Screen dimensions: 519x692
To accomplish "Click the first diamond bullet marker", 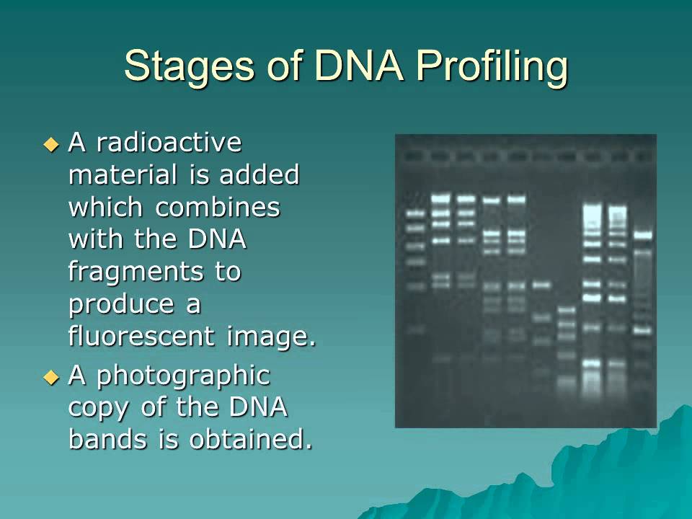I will click(x=50, y=144).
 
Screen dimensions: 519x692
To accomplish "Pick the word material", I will click(x=123, y=175).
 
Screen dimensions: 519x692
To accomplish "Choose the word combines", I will click(x=218, y=208).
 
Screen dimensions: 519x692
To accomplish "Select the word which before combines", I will click(x=107, y=208).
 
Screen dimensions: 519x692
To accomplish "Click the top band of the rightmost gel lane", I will click(x=642, y=234).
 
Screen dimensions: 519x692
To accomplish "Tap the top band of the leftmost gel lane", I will click(x=414, y=213).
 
